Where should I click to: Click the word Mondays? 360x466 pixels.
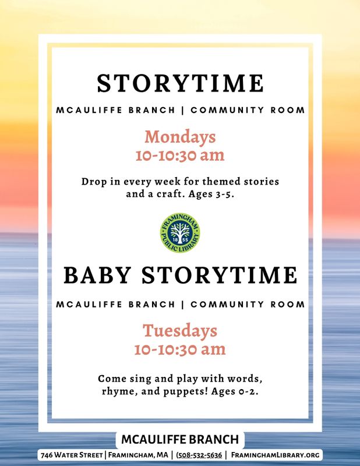pos(180,137)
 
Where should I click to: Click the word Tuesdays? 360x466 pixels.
pos(180,331)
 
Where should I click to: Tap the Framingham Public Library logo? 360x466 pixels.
pos(180,232)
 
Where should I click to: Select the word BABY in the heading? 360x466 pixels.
pos(97,275)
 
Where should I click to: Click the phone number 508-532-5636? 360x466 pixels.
pos(199,455)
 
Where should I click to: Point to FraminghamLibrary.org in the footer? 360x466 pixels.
pos(276,455)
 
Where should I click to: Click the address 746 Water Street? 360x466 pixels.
pos(72,455)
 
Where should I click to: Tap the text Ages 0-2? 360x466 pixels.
pos(235,391)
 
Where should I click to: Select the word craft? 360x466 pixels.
pos(169,195)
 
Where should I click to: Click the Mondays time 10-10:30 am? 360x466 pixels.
pos(180,156)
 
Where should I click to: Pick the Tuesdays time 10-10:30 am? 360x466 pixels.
pos(180,349)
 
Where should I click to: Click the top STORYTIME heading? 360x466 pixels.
pos(181,83)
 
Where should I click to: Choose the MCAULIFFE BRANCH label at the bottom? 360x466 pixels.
pos(180,439)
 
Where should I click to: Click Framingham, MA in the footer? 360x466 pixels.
pos(138,455)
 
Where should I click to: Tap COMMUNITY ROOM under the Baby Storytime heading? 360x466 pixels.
pos(248,305)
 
